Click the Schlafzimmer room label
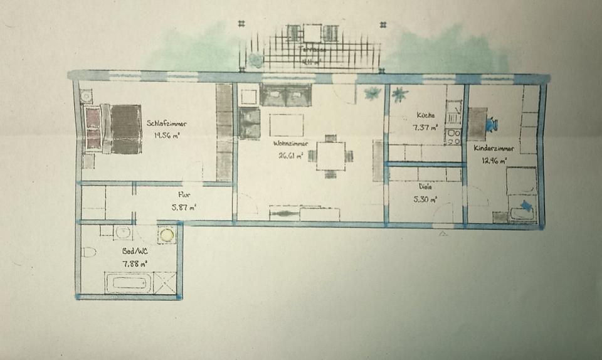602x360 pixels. click(166, 124)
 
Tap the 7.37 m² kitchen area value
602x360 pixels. click(426, 127)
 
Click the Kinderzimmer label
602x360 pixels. click(495, 149)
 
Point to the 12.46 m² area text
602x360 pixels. click(494, 161)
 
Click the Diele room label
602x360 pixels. click(425, 187)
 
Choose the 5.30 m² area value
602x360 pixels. click(426, 199)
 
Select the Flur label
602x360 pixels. click(184, 195)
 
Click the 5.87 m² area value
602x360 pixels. click(184, 207)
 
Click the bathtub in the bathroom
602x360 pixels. click(129, 282)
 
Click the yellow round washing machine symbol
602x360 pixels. click(166, 235)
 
